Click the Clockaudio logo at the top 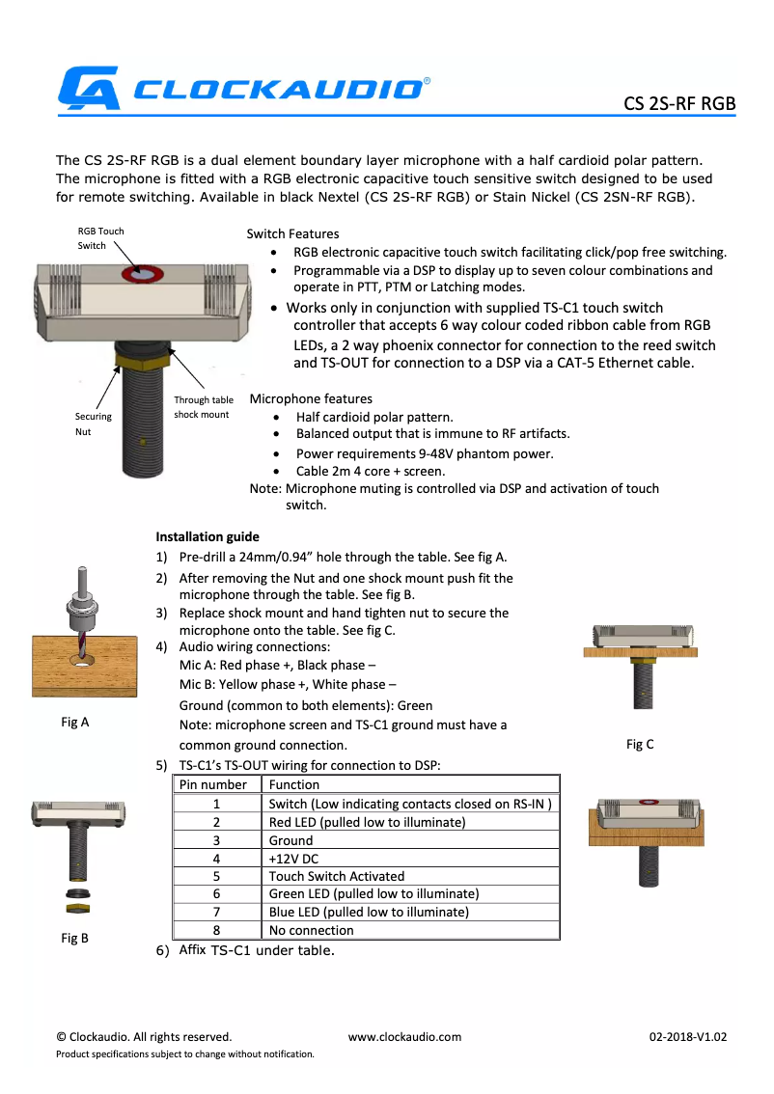pos(241,88)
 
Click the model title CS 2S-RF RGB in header pos(678,103)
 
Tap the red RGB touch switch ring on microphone pos(142,275)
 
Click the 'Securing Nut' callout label pos(94,424)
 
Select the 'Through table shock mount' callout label pos(204,407)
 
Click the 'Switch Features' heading pos(292,233)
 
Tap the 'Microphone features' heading pos(311,398)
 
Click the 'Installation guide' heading pos(207,536)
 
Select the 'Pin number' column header pos(216,784)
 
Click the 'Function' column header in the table pos(293,784)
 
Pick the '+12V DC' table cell pos(293,858)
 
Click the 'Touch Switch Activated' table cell pos(336,876)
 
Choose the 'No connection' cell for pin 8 pos(311,930)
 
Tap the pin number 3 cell pos(216,839)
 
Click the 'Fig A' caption pos(74,721)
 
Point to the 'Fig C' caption pos(640,744)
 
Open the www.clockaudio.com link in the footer pos(404,1037)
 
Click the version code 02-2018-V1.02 pos(687,1037)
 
